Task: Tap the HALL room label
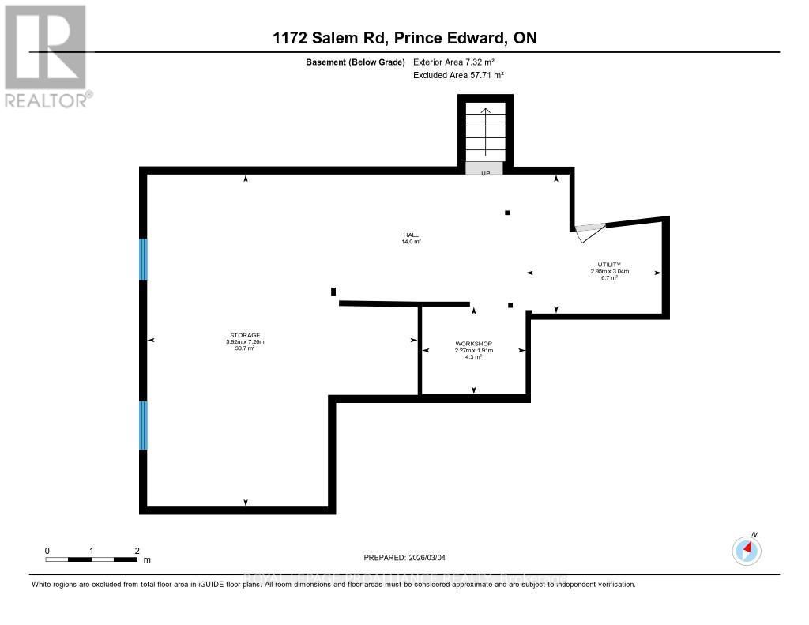[410, 235]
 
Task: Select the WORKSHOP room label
[473, 344]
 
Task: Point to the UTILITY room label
[608, 265]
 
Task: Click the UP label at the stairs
[485, 172]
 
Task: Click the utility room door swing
[589, 232]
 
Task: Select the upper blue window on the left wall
[143, 259]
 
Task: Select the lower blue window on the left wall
[143, 425]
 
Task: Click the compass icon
[746, 550]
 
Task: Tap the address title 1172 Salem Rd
[404, 38]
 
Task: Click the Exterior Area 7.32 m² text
[454, 62]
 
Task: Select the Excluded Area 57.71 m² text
[458, 75]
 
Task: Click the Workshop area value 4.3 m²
[473, 357]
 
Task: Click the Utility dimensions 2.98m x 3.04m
[608, 272]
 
